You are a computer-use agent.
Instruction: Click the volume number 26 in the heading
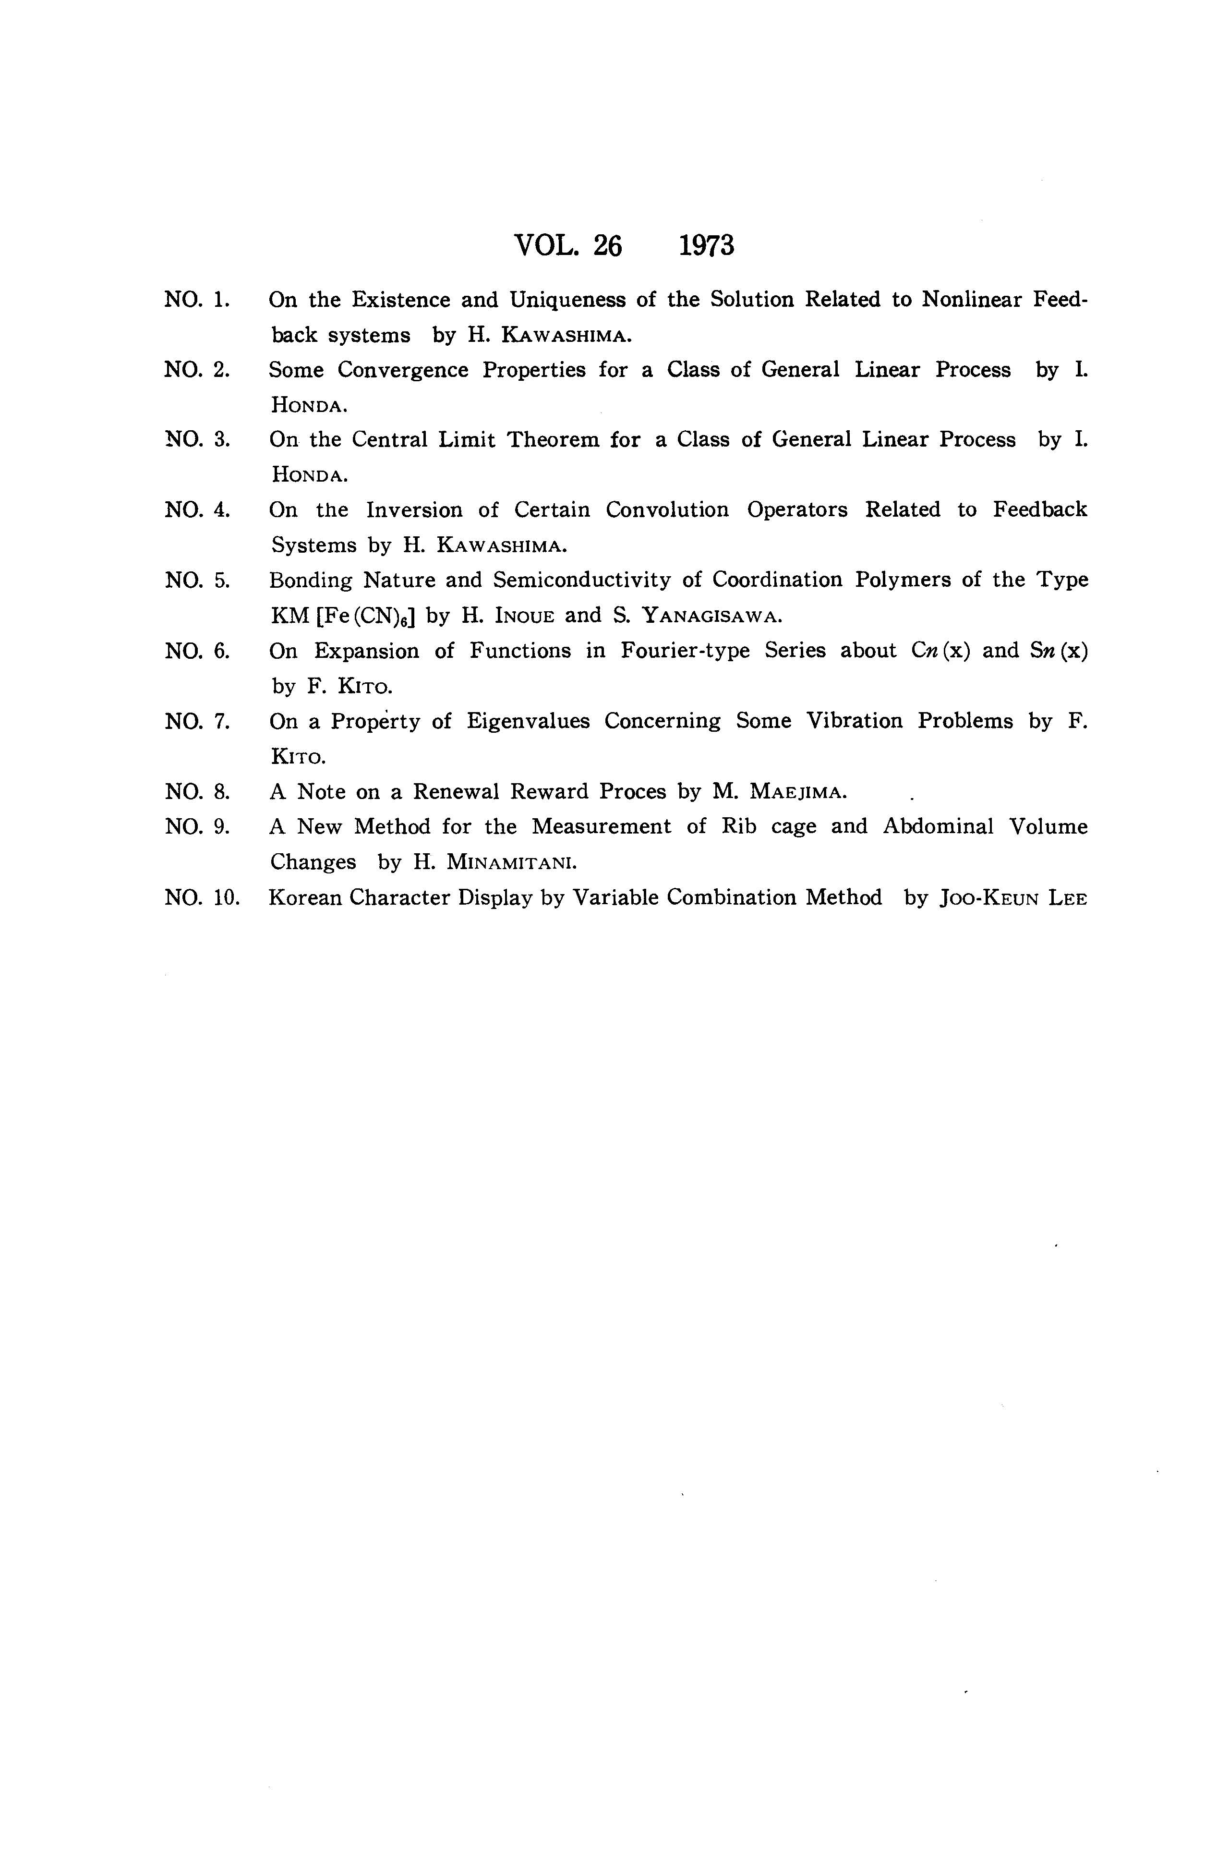(607, 246)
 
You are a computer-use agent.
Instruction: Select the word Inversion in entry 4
(413, 510)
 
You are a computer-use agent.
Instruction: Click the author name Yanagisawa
(711, 616)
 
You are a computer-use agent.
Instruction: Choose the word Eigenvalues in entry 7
(528, 721)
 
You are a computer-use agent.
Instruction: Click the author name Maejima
(798, 792)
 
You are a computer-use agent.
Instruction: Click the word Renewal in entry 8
(456, 792)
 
